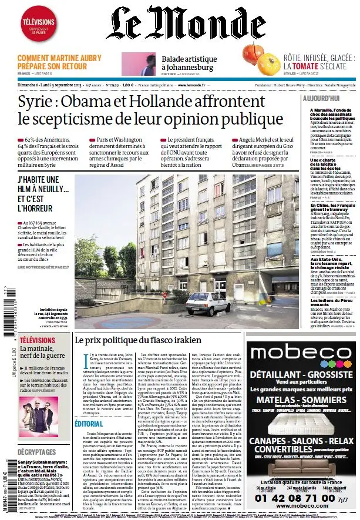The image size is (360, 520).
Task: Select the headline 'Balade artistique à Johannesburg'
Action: (x=189, y=63)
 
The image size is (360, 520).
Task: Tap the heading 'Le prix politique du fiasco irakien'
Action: (x=138, y=340)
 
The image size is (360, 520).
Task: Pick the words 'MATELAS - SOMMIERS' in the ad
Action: (x=301, y=401)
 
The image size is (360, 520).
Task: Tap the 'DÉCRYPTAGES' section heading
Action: (x=36, y=452)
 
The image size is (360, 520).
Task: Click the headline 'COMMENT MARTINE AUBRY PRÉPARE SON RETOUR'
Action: (x=59, y=62)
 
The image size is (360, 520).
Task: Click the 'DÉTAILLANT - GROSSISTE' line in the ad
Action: (x=301, y=374)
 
